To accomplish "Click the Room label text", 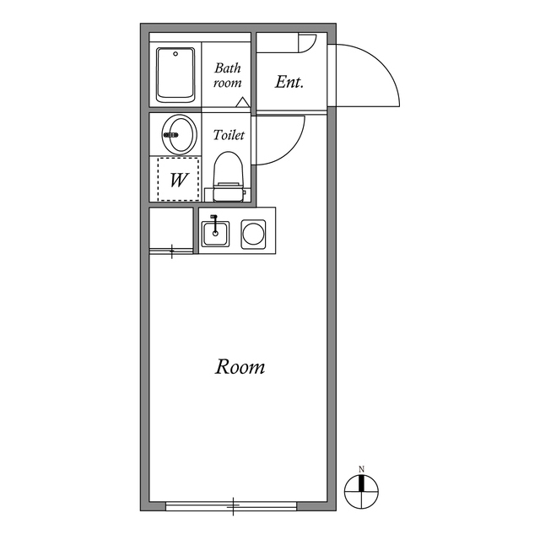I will point(240,367).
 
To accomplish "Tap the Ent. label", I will point(289,83).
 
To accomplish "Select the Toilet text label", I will point(229,135).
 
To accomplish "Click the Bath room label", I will point(227,75).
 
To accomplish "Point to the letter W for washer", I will point(179,180).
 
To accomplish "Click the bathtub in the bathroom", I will point(176,75).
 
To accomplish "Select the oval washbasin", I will point(179,132).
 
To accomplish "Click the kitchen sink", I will point(215,232).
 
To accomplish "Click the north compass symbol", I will point(362,489).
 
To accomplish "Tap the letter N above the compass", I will point(361,469).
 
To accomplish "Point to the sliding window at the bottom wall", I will point(231,505).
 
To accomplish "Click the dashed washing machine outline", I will point(179,178).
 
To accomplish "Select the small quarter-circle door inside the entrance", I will point(305,42).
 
